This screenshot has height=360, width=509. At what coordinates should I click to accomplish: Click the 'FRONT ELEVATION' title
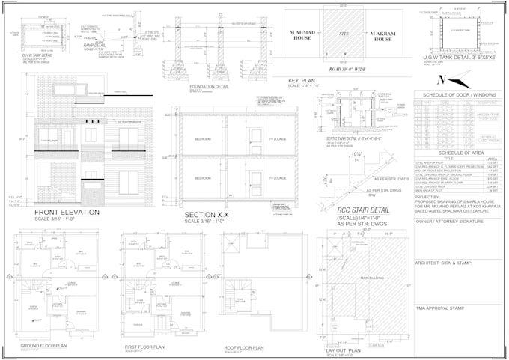[67, 213]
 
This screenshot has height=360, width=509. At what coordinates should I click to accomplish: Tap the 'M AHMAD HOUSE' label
[299, 35]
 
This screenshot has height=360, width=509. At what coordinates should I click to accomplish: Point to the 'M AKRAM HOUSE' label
[383, 35]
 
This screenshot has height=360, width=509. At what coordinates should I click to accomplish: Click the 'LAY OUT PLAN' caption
[343, 350]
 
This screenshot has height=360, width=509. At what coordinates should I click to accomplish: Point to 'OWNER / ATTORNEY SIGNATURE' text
[448, 222]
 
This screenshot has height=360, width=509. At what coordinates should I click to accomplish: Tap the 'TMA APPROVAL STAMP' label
[441, 308]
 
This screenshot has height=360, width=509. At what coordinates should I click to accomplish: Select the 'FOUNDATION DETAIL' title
[210, 86]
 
